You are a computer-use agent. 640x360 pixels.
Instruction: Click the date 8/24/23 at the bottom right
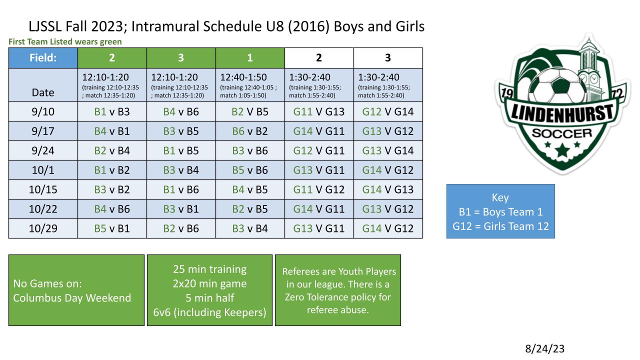point(544,348)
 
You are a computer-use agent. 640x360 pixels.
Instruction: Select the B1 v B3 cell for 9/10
point(112,111)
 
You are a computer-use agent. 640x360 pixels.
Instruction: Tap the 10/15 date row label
point(43,189)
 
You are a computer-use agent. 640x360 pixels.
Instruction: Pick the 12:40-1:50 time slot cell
point(250,85)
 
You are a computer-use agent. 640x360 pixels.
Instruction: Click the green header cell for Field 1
point(250,58)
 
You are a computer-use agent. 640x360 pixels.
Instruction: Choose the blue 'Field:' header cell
point(43,58)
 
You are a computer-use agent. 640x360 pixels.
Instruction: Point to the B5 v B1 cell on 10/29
point(112,228)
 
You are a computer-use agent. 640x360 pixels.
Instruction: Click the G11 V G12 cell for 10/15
point(319,189)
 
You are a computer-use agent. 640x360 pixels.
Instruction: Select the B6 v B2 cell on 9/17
point(250,131)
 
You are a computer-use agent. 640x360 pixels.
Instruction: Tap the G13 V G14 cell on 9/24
point(388,150)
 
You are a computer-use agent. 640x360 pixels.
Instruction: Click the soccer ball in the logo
point(557,85)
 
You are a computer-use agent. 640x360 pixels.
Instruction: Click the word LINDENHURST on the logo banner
point(562,113)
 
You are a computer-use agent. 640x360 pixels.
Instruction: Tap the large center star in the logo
point(562,149)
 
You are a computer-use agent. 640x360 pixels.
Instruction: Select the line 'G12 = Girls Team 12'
point(500,226)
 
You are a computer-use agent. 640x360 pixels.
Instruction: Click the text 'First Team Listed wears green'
point(65,41)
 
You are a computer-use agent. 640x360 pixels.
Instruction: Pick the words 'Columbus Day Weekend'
point(72,298)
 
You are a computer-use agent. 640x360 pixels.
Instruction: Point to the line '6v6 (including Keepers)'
point(209,312)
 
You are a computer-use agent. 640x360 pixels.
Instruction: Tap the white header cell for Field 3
point(388,58)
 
